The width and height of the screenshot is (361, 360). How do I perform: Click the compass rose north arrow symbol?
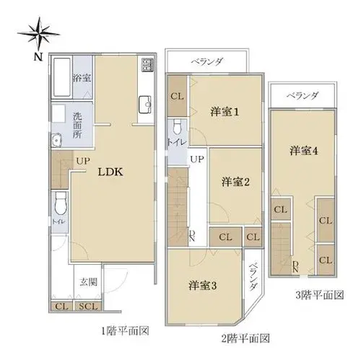coord(38,34)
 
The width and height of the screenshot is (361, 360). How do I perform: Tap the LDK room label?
coord(110,172)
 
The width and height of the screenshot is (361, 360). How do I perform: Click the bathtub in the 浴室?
coord(61,77)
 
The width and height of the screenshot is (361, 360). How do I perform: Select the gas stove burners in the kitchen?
coord(147,65)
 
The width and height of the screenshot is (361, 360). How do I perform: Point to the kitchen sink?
coord(145,105)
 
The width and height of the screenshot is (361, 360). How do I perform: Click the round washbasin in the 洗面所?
coord(57,139)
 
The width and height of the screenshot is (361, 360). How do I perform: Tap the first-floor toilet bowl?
coord(60,203)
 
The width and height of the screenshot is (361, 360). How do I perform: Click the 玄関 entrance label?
coord(89,282)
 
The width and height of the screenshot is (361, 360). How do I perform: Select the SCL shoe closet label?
coord(88,307)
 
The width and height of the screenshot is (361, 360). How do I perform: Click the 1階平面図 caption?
coord(125,331)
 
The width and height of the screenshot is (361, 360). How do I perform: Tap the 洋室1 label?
coord(225,112)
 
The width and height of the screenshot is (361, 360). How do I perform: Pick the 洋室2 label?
coord(235,182)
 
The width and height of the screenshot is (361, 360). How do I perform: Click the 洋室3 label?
coord(203,286)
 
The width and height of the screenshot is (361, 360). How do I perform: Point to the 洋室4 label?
coord(304,151)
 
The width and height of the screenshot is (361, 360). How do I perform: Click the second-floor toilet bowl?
coord(178,127)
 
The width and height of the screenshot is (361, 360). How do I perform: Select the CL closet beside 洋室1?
coord(178,96)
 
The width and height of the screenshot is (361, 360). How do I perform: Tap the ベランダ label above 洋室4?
coord(302,95)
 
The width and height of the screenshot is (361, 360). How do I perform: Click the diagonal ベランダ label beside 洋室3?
coord(253,276)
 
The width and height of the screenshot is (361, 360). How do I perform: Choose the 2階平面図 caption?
coord(245,338)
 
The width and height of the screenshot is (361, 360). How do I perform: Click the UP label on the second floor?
coord(197,159)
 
